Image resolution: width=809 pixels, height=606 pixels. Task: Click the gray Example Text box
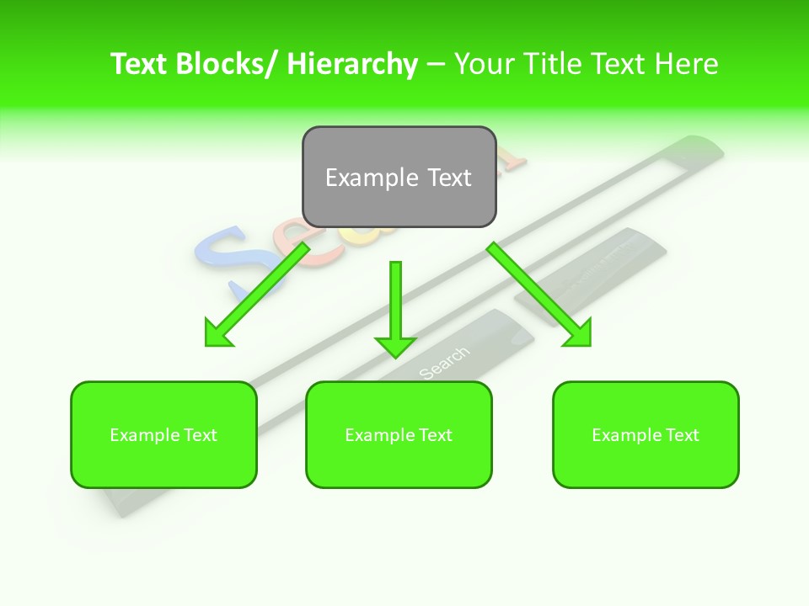pyautogui.click(x=399, y=177)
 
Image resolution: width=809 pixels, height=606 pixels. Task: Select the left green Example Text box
pyautogui.click(x=163, y=434)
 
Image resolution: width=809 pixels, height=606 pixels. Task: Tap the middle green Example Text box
pyautogui.click(x=399, y=434)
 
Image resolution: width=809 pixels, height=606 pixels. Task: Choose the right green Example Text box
pyautogui.click(x=646, y=434)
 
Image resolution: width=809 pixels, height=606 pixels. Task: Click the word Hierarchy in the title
pyautogui.click(x=352, y=64)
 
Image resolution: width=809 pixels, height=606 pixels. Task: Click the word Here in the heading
pyautogui.click(x=687, y=64)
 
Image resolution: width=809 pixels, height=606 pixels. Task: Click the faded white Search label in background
pyautogui.click(x=443, y=362)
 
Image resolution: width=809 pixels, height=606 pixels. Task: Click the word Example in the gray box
pyautogui.click(x=360, y=178)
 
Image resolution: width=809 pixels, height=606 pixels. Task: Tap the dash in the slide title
pyautogui.click(x=436, y=64)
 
